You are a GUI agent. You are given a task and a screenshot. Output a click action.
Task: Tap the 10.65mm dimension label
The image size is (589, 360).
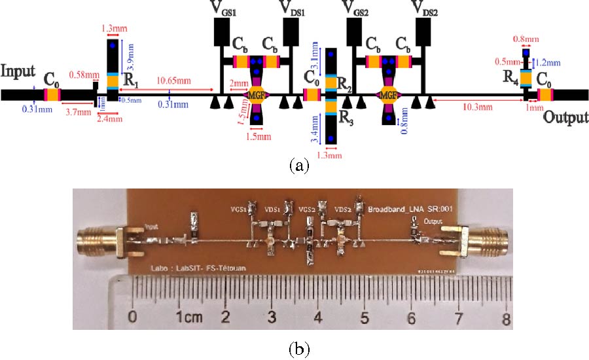pyautogui.click(x=175, y=81)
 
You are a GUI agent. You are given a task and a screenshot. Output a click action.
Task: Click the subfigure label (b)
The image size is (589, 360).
pyautogui.click(x=298, y=349)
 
